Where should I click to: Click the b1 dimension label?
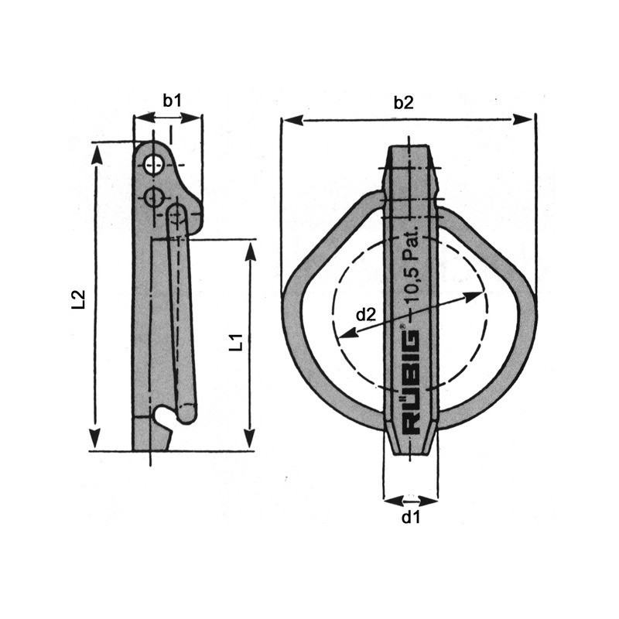point(172,100)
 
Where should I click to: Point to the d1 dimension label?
point(410,518)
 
